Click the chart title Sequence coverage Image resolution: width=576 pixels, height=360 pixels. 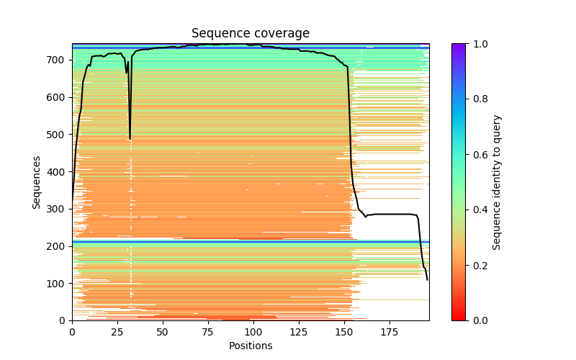pyautogui.click(x=250, y=34)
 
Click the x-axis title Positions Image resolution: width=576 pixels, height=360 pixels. pyautogui.click(x=250, y=346)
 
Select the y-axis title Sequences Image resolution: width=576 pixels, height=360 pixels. pyautogui.click(x=36, y=182)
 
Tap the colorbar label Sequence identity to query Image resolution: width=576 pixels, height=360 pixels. pyautogui.click(x=497, y=182)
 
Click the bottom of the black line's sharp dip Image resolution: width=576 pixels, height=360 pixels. pyautogui.click(x=130, y=139)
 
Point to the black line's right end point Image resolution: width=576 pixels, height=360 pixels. pyautogui.click(x=428, y=280)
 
